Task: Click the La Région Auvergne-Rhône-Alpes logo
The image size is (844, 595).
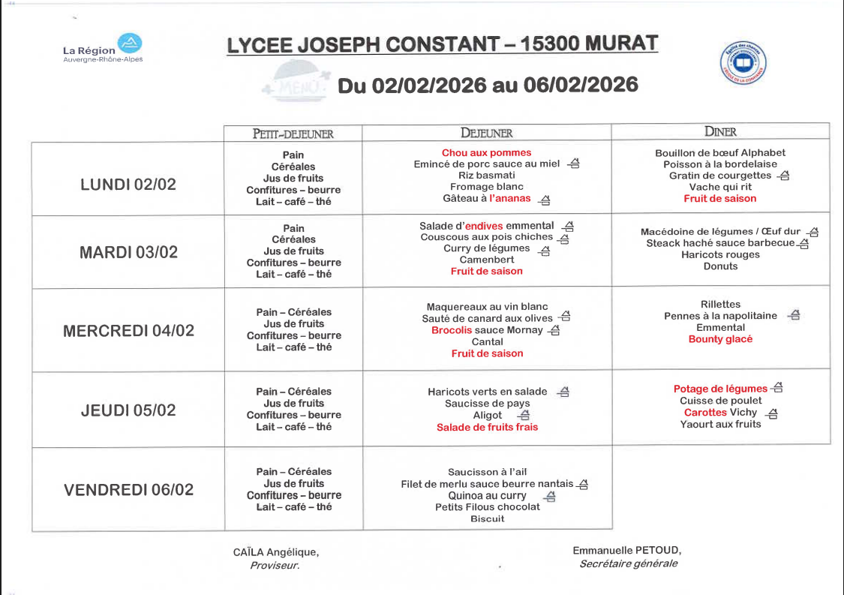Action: tap(103, 48)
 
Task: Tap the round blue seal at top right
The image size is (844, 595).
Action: tap(743, 63)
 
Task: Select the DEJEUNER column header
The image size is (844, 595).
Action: tap(486, 133)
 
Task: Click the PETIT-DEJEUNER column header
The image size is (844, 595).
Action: tap(293, 134)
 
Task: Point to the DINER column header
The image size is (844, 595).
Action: tap(720, 132)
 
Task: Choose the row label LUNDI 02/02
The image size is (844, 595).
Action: tap(128, 184)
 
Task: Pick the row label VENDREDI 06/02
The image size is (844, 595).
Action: tap(128, 490)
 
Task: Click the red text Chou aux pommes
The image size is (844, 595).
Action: tap(486, 152)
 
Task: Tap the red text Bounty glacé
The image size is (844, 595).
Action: tap(720, 339)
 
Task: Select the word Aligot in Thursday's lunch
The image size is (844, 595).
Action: tap(488, 415)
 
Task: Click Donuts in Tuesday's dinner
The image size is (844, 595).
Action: tap(720, 266)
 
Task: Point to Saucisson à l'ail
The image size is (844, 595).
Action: tap(487, 472)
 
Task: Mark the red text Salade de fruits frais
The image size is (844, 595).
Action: tap(487, 427)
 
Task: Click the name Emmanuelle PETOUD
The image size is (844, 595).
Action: tap(626, 550)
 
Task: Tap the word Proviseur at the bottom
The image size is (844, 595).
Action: tap(274, 565)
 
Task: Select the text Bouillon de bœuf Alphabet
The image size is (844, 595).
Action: tap(720, 152)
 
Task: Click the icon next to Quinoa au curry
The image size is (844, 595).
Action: tap(550, 496)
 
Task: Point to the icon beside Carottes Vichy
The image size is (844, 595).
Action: tap(772, 413)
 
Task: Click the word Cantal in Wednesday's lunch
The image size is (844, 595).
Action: tap(487, 341)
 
